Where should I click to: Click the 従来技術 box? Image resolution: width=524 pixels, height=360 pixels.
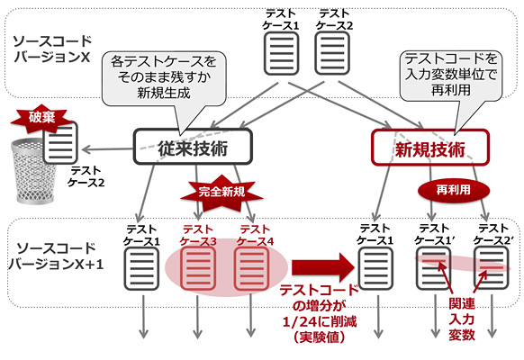point(192,145)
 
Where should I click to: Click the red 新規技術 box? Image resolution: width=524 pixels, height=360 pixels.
point(429,145)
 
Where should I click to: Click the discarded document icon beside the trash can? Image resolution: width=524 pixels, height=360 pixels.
point(61,143)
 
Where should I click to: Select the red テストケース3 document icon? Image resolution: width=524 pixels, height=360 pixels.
point(194,268)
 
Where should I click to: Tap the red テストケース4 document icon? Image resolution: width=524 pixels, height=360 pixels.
point(248,268)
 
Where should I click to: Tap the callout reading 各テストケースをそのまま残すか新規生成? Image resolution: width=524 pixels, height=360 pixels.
point(164,72)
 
